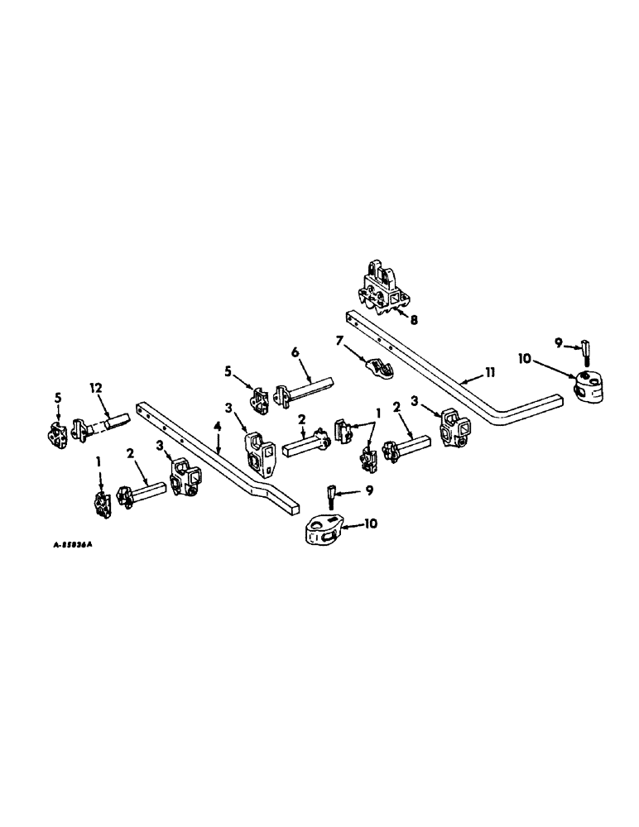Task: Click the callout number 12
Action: (x=97, y=386)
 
